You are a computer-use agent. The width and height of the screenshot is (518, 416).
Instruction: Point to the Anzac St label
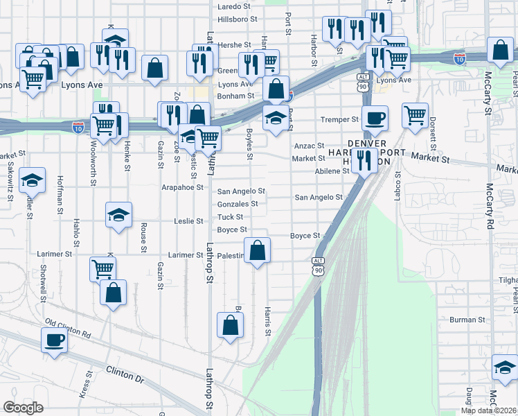309,146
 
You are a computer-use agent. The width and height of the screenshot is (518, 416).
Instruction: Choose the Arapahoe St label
181,187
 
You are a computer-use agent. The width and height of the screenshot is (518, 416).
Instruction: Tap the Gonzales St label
238,204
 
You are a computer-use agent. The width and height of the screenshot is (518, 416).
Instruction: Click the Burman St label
467,320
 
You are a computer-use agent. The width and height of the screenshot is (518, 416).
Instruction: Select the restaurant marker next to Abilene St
364,160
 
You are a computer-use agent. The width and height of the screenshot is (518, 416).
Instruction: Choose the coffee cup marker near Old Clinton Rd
54,340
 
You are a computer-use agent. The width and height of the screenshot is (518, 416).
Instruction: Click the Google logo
24,408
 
